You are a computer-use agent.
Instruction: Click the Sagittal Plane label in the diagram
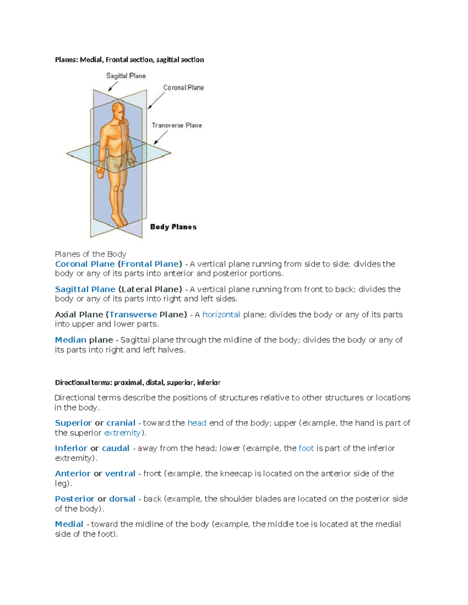coord(126,76)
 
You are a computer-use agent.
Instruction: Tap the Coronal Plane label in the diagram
coord(183,88)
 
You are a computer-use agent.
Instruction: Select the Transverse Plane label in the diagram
coord(177,125)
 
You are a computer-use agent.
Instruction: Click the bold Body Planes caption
coord(173,227)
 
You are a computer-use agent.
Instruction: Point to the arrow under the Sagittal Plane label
coord(113,86)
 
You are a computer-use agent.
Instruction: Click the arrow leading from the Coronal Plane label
coord(156,101)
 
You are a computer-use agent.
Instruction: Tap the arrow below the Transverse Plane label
coord(161,137)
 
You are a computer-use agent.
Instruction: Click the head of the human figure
coord(118,111)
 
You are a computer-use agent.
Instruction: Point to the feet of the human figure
coord(119,220)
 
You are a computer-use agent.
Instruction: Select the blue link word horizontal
coord(221,315)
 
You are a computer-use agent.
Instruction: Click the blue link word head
coord(197,423)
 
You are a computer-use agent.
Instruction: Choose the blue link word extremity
coord(122,433)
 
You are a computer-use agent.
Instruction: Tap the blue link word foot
coord(306,448)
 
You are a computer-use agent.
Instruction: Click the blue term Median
coord(71,340)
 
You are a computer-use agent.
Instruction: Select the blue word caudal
coord(115,448)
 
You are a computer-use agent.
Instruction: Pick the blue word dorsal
coord(122,499)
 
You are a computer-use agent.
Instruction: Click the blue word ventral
coord(120,474)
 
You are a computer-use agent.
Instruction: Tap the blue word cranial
coord(121,423)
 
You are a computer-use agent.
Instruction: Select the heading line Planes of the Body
coord(90,254)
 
